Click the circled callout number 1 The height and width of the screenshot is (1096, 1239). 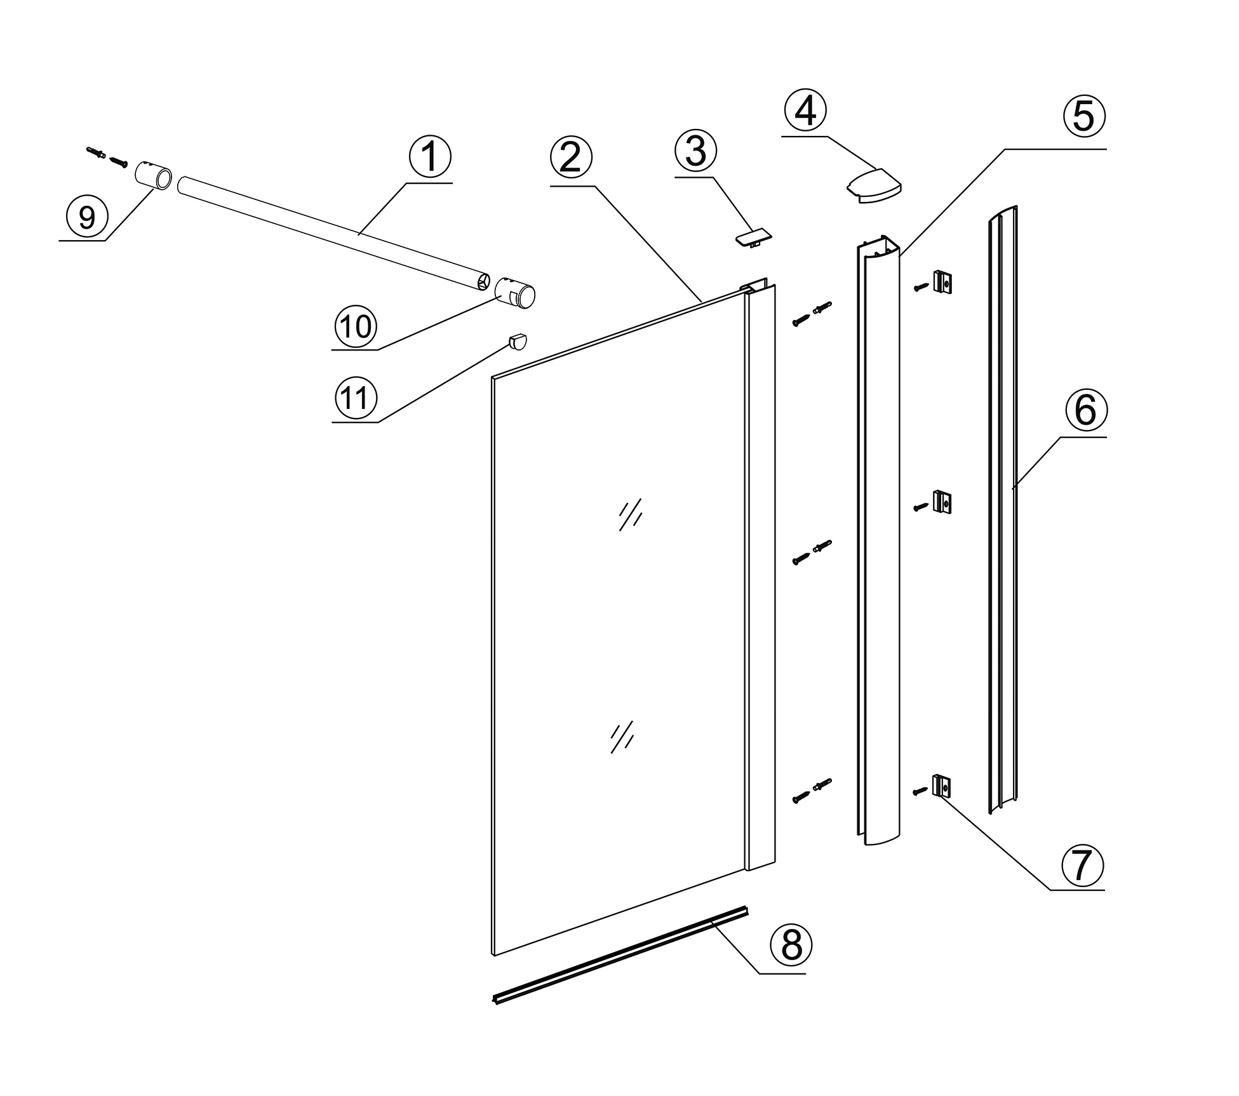click(430, 157)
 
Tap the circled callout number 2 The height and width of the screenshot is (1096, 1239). click(571, 157)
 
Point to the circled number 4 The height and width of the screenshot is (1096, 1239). click(805, 111)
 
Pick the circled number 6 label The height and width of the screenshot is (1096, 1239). click(1085, 410)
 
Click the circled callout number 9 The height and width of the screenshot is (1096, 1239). click(86, 217)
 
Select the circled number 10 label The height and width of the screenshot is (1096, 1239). click(356, 326)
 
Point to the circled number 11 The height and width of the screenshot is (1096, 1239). click(356, 399)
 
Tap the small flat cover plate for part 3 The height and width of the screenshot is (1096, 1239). click(754, 237)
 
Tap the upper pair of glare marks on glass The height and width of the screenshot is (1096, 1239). click(631, 514)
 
